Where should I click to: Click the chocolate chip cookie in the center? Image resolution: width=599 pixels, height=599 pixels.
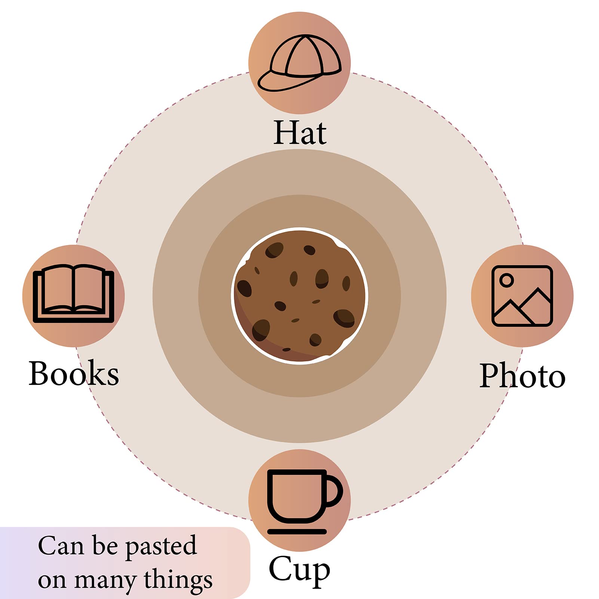(299, 295)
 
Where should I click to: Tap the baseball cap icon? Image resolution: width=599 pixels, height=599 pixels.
(299, 63)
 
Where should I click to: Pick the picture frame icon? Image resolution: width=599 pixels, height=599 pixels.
(522, 296)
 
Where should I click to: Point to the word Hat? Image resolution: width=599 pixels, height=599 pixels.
(300, 133)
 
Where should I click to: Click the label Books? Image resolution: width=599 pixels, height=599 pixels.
(74, 373)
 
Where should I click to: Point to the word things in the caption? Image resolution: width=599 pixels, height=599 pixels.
(178, 580)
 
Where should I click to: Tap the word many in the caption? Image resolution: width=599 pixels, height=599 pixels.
(105, 582)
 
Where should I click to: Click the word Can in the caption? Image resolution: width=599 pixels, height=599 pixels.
(61, 545)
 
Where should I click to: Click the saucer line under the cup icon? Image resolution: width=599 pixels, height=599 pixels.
(297, 532)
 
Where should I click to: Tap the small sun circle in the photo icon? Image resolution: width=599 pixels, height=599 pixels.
(507, 280)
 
